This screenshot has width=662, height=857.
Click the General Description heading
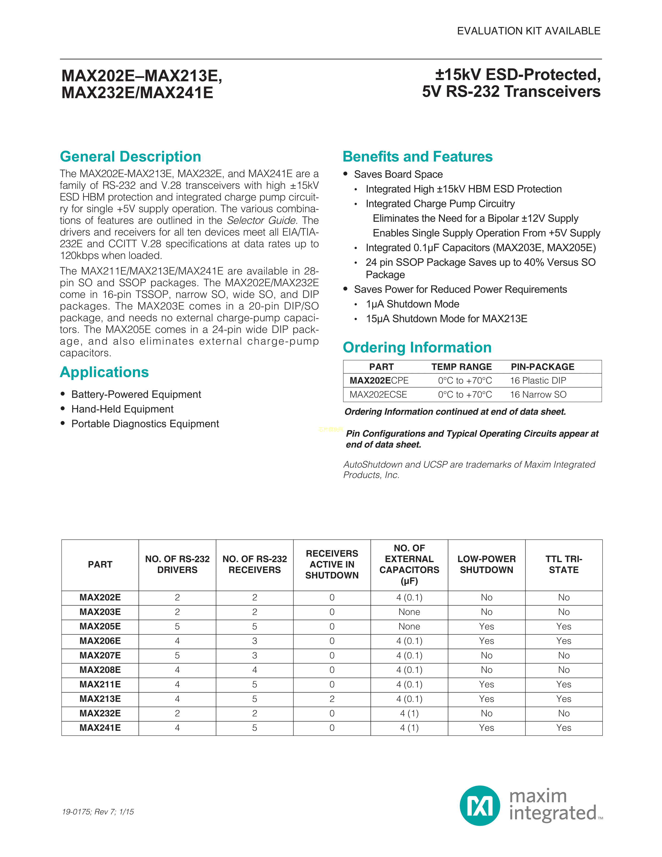click(130, 157)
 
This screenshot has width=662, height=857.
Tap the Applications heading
click(104, 372)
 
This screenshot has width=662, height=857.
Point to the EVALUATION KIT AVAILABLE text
click(528, 31)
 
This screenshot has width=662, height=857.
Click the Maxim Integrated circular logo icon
click(480, 806)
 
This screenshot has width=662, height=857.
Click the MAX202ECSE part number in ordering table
click(378, 395)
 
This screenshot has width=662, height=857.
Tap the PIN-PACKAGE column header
click(542, 367)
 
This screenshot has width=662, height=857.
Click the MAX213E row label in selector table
click(100, 699)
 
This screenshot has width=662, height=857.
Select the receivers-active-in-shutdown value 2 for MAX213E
click(332, 699)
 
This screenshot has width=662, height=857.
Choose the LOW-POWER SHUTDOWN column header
click(486, 564)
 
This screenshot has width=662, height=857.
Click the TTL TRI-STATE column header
click(564, 564)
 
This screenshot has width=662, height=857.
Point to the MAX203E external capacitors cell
click(409, 612)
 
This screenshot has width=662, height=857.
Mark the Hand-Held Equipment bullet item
click(122, 409)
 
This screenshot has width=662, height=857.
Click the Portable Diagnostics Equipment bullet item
click(145, 424)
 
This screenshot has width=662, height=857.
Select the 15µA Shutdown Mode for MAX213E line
click(446, 319)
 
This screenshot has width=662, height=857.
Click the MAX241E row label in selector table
click(100, 728)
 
